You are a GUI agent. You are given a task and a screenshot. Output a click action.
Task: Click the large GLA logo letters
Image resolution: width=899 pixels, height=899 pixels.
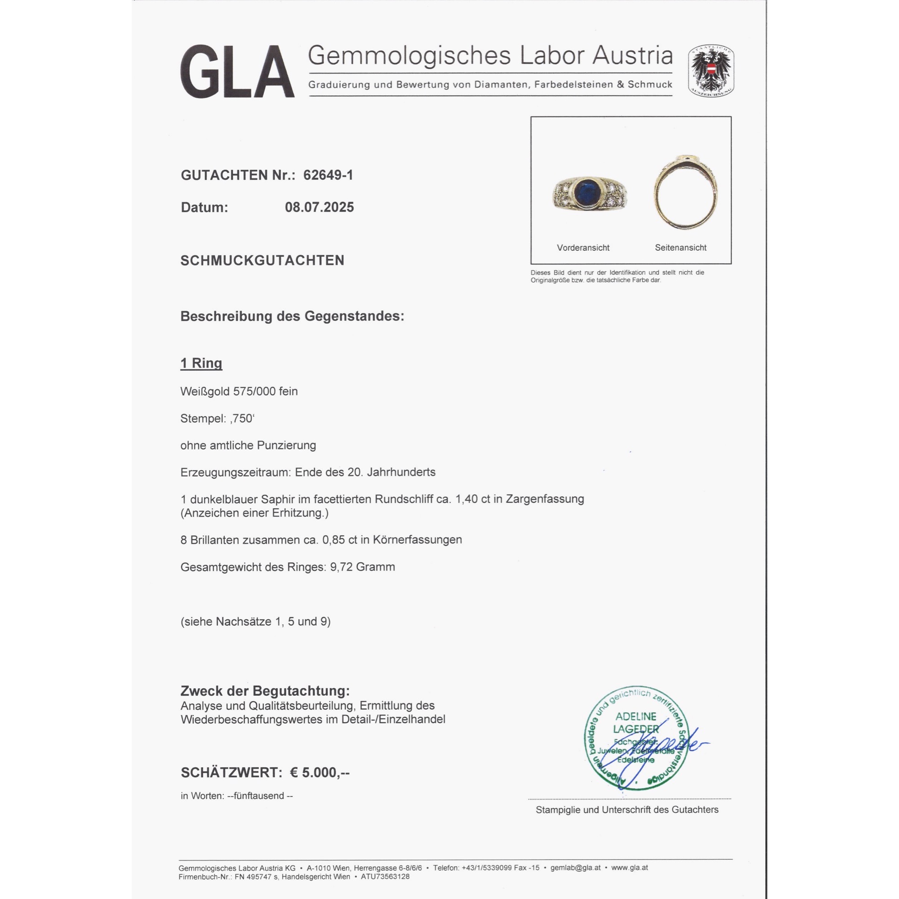tap(237, 71)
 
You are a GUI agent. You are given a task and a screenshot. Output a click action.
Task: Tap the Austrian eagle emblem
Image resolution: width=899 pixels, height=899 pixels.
tap(711, 71)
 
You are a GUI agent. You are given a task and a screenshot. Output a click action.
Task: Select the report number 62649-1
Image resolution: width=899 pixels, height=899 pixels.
tap(328, 175)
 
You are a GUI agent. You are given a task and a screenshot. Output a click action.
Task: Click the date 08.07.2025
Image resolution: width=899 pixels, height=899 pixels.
tap(319, 207)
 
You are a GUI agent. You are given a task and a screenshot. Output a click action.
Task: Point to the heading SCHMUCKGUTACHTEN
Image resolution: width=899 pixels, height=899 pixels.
tap(263, 260)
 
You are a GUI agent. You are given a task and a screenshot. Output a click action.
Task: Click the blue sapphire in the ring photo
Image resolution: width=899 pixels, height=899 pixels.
tap(585, 193)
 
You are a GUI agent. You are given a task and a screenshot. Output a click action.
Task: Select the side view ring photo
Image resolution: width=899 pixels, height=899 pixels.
tap(685, 192)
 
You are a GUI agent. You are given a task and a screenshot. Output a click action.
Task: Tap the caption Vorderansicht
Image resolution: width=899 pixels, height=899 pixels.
tap(583, 248)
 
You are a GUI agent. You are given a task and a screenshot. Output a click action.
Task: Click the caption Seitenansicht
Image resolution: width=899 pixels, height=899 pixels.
tap(680, 248)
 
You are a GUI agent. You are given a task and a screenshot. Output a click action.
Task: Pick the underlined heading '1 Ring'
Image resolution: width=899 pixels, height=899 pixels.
tap(201, 363)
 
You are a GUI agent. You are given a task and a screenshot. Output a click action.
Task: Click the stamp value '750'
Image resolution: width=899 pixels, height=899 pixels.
tap(242, 418)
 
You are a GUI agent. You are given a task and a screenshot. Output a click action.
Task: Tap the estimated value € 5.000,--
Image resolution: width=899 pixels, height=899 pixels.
tap(320, 773)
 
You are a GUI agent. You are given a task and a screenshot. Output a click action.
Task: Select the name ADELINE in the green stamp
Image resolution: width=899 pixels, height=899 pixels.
tap(635, 717)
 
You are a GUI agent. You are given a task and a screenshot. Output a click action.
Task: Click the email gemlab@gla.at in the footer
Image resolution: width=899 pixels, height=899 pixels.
tap(575, 868)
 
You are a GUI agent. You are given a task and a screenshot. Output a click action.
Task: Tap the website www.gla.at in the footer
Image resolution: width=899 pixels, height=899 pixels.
tap(629, 868)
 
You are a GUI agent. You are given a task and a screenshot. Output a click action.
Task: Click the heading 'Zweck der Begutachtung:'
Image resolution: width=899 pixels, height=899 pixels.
tap(265, 691)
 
